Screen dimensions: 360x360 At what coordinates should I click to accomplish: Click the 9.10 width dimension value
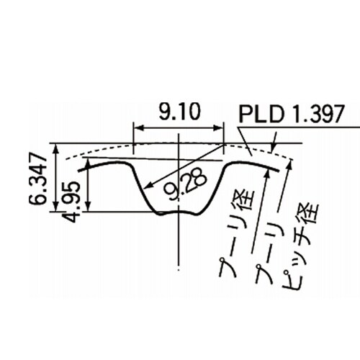(179, 112)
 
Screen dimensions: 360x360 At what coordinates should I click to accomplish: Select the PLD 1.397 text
(292, 114)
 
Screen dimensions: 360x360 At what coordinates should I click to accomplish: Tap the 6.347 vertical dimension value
(38, 178)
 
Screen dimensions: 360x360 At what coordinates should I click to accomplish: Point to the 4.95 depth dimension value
(71, 202)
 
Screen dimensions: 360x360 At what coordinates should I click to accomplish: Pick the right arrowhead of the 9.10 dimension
(218, 128)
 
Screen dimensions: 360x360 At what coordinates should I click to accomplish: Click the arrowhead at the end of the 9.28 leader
(149, 185)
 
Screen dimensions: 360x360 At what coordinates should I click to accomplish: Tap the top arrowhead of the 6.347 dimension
(56, 149)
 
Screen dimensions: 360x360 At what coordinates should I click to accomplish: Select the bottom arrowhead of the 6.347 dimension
(56, 207)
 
